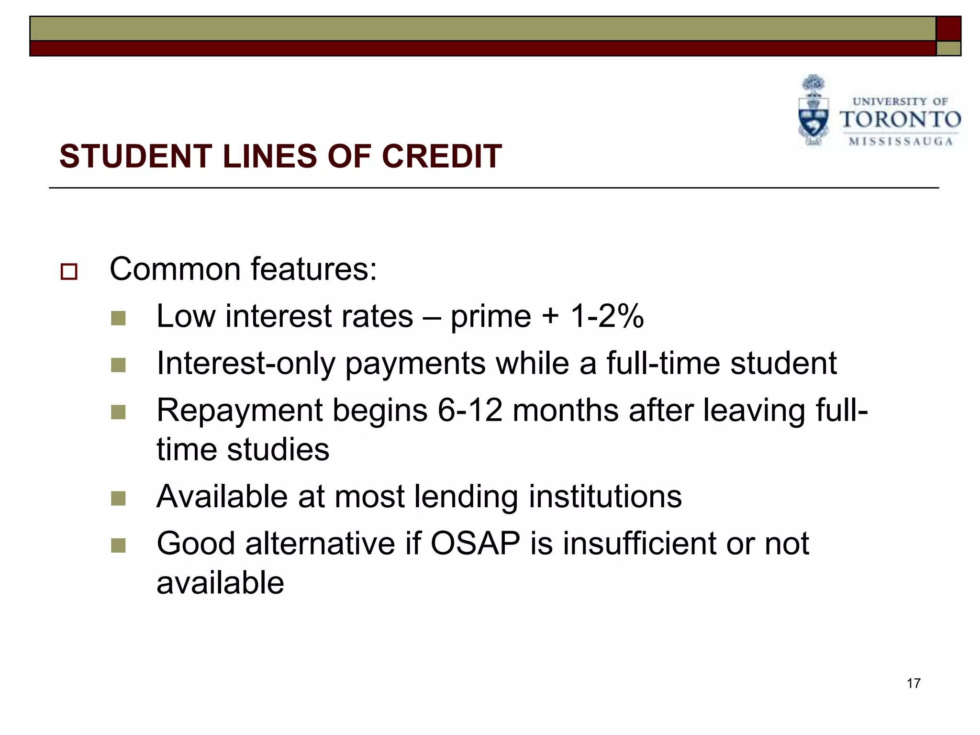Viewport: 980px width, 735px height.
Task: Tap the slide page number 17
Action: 913,683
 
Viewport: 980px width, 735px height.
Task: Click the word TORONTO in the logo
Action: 900,120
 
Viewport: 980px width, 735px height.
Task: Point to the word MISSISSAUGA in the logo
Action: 901,142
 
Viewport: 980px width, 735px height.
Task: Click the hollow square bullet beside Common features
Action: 69,272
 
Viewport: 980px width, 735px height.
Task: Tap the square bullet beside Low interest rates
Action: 118,318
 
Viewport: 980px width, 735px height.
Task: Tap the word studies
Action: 278,449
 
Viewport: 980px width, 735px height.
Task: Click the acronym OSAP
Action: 475,544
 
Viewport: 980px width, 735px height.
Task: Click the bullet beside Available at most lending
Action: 118,499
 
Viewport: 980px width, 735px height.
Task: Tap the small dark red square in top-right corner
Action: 948,29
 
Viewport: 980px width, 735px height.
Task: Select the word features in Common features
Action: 314,269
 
